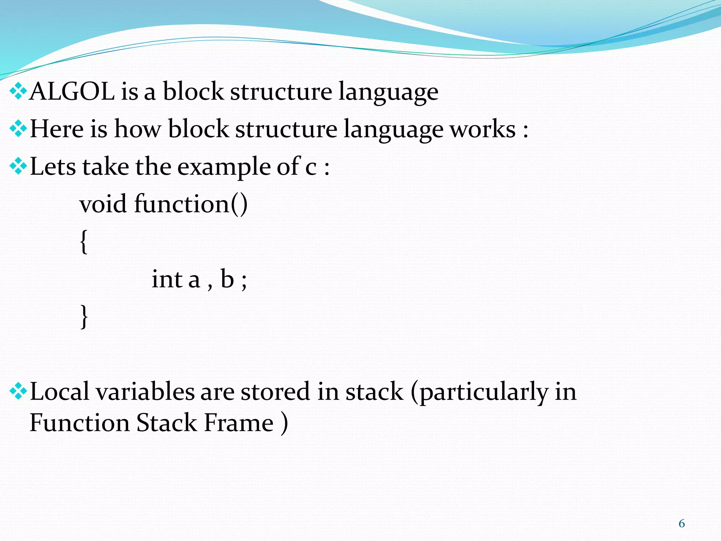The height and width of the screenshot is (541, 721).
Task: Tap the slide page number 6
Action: coord(682,523)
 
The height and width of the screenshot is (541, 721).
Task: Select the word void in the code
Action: coord(103,204)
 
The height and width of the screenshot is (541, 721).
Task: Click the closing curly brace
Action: coord(84,316)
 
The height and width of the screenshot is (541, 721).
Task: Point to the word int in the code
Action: coord(167,279)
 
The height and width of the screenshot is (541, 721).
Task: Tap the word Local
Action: coord(59,392)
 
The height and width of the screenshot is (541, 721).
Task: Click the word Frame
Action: coord(239,423)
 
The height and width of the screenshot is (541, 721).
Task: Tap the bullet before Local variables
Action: coord(18,392)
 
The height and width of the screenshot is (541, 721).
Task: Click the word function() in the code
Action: coord(191,204)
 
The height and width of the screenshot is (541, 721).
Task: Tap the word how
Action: coord(138,129)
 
